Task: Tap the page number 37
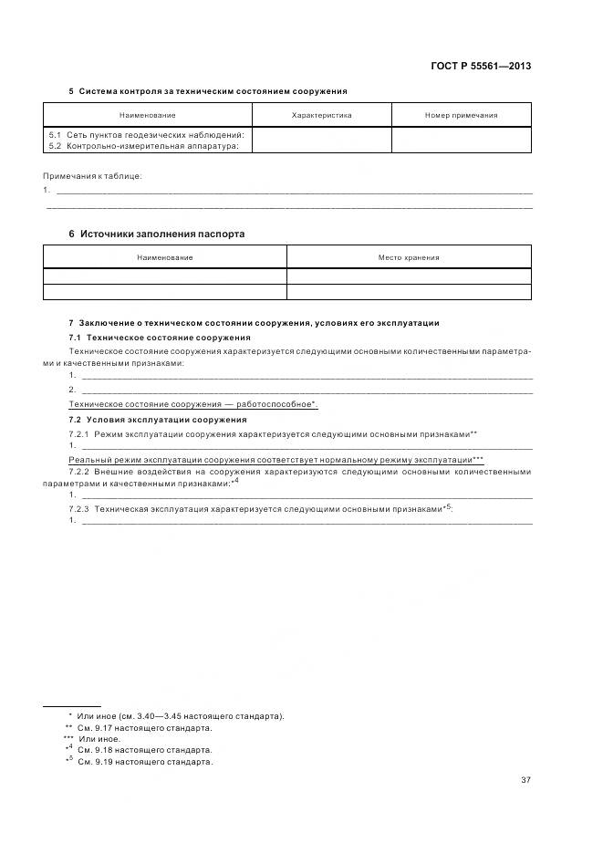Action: coord(526,779)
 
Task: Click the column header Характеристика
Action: coord(321,116)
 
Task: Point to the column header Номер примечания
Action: coord(461,116)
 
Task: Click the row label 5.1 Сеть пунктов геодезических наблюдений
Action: coord(146,134)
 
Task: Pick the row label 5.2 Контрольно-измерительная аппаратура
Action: coord(144,145)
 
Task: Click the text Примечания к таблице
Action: coord(92,175)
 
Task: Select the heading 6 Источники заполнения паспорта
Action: coord(157,234)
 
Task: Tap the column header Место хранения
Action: coord(409,257)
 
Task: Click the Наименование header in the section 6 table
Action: coord(164,257)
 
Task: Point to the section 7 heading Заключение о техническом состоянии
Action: coord(255,323)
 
